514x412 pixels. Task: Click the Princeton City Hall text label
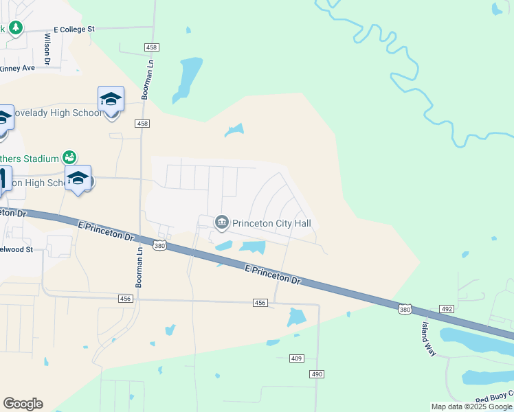pyautogui.click(x=271, y=222)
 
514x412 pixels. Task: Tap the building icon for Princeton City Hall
pyautogui.click(x=222, y=222)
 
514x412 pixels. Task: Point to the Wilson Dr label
pyautogui.click(x=48, y=50)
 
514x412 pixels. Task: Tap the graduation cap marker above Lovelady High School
pyautogui.click(x=111, y=100)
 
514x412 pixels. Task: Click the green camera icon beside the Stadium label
pyautogui.click(x=69, y=158)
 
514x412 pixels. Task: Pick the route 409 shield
pyautogui.click(x=296, y=358)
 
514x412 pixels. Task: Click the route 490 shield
pyautogui.click(x=316, y=374)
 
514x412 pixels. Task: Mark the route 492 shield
pyautogui.click(x=447, y=310)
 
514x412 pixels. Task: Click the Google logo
pyautogui.click(x=23, y=403)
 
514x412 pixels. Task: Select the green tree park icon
pyautogui.click(x=16, y=27)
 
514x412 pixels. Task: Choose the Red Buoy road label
pyautogui.click(x=494, y=399)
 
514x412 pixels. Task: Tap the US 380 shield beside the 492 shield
pyautogui.click(x=405, y=310)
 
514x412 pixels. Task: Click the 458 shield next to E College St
pyautogui.click(x=152, y=47)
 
